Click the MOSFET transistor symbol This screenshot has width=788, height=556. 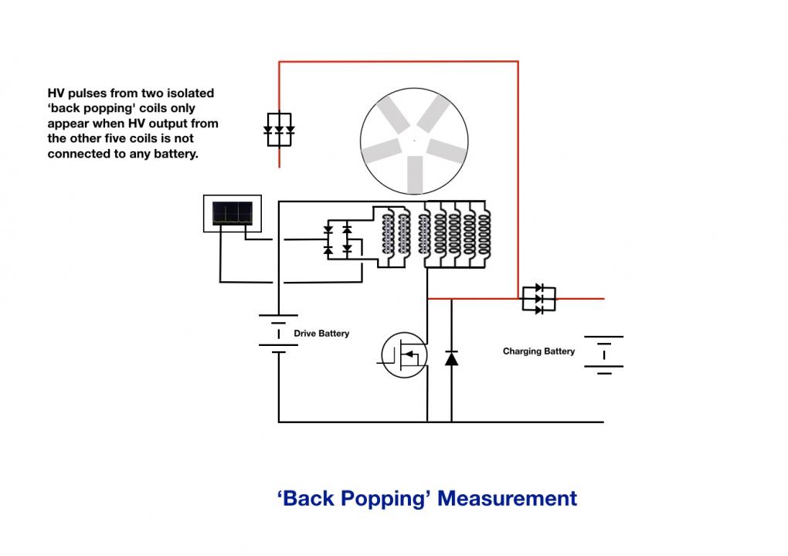pos(404,354)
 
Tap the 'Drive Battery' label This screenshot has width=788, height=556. pos(321,334)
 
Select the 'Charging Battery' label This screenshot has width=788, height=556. pos(538,351)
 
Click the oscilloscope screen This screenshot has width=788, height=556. pos(233,213)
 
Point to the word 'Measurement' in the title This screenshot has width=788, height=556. pos(507,498)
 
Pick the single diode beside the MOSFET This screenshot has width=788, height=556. pos(451,358)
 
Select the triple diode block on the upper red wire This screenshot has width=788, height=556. pos(279,130)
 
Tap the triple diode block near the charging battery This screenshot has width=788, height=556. pos(538,299)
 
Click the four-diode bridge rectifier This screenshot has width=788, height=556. pos(337,239)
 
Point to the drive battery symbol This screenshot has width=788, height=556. pos(278,334)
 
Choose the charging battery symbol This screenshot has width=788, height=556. pos(603,355)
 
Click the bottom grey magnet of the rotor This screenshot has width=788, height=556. pos(415,175)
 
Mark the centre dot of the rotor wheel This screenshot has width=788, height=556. pos(414,141)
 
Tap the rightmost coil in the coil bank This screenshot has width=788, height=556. pos(484,234)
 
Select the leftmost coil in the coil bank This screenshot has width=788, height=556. pos(388,234)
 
